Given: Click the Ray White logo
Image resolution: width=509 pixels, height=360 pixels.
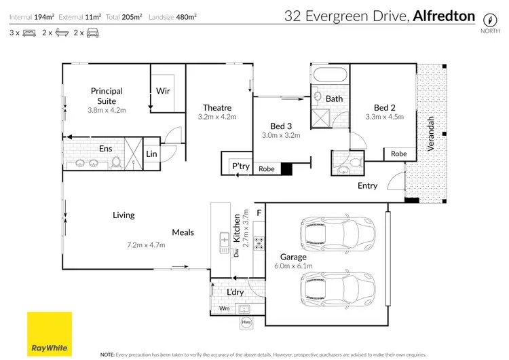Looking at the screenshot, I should coord(49,334).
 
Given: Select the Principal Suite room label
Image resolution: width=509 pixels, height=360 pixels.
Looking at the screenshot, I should coord(107,96).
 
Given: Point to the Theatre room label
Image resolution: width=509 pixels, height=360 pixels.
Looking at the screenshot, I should coord(217,107).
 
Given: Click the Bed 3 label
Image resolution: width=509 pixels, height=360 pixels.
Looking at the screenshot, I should coord(280,126).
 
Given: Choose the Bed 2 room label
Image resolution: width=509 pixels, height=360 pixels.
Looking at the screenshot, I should coord(384,107).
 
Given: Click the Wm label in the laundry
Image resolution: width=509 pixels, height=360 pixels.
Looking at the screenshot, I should coord(224,308).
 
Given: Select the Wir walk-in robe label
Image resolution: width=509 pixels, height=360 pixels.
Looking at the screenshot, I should coord(163,90).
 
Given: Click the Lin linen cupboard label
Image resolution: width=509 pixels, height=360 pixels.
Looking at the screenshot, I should coord(152,154).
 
